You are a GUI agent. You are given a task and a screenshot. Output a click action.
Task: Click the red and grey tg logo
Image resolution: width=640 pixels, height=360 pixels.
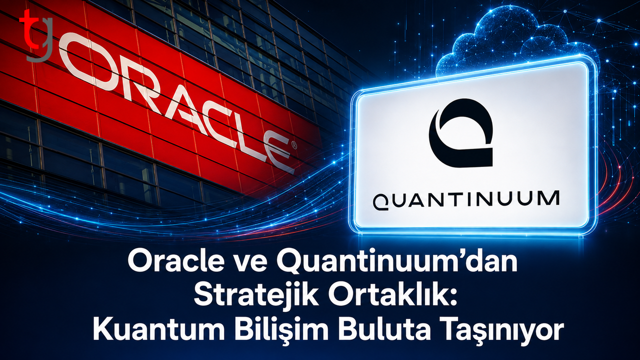35,35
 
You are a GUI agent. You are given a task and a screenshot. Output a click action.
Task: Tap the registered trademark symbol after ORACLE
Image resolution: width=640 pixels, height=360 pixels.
293,145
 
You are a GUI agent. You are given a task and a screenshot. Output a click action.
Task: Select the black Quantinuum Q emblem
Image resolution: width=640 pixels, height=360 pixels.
461,132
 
